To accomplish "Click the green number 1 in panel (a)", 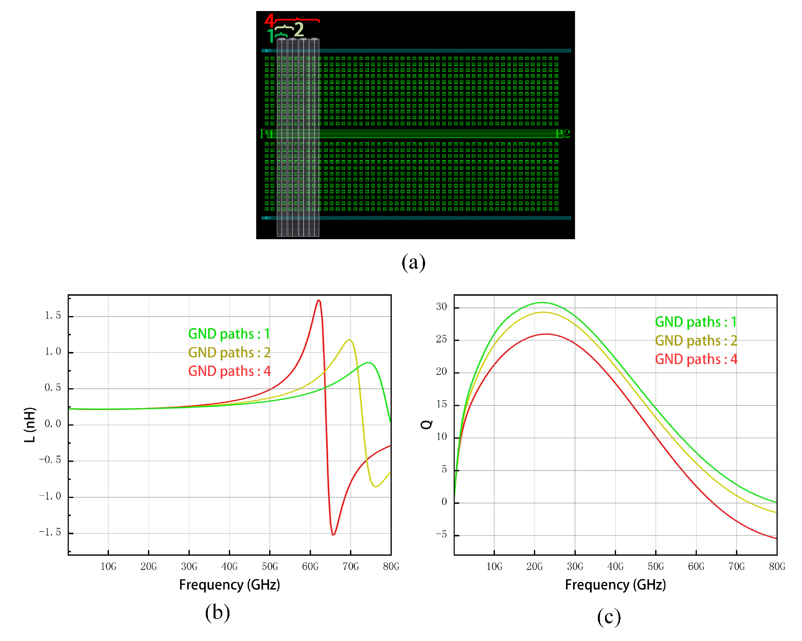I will [271, 36].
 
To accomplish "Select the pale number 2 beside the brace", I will [299, 30].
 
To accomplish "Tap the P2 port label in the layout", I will [563, 134].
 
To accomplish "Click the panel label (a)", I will [413, 263].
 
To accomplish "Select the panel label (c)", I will [609, 617].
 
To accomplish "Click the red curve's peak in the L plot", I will [318, 300].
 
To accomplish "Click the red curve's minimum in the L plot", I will [333, 535].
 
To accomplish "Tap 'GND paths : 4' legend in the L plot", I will [229, 371].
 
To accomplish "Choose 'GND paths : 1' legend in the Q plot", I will [696, 322].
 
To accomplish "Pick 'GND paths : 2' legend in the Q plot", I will [696, 340].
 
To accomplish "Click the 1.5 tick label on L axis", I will [53, 315].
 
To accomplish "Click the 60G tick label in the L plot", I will [310, 566].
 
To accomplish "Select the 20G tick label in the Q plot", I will [535, 566].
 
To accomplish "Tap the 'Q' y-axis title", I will [426, 425].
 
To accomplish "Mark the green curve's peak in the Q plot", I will [542, 302].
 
